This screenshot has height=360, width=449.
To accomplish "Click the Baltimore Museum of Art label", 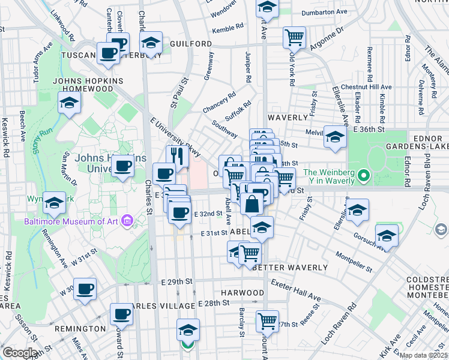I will pos(72,222).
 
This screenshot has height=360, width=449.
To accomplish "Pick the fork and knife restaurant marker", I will pos(177,157).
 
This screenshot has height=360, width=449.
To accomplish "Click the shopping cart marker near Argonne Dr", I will pos(295,37).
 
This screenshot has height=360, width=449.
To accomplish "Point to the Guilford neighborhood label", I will pos(191,44).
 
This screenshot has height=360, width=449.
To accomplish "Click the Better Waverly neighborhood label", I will pos(290,267).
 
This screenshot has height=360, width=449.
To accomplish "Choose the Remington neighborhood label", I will pos(80,329).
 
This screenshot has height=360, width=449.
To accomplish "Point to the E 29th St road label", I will pos(176,281).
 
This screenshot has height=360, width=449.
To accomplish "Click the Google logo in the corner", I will pos(20,353).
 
